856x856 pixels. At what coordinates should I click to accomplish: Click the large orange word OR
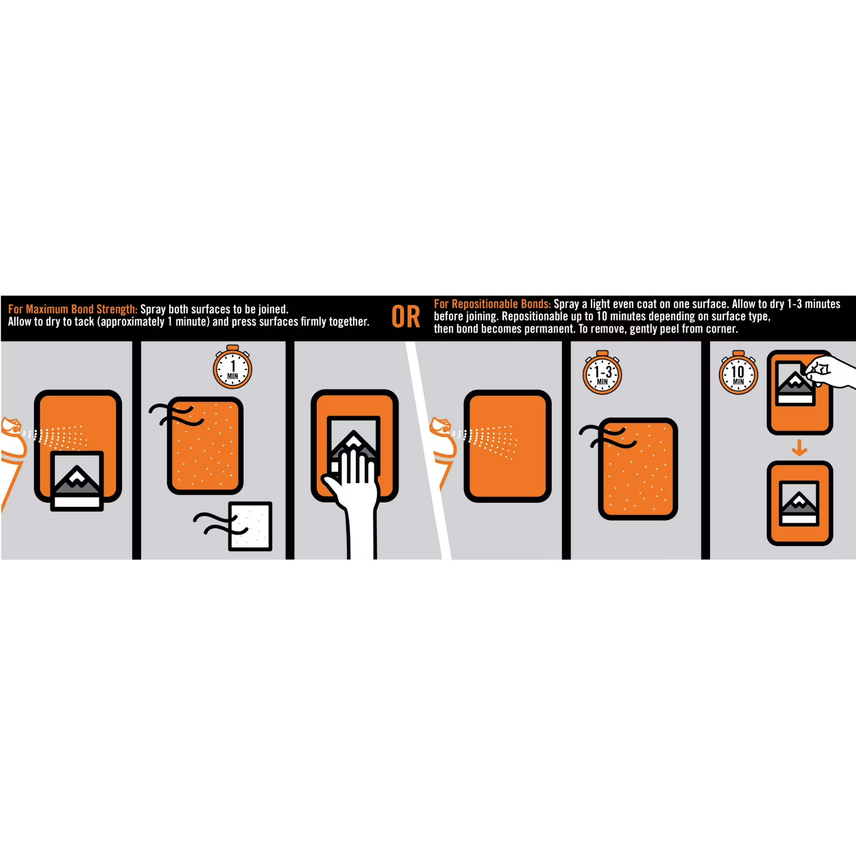pyautogui.click(x=406, y=317)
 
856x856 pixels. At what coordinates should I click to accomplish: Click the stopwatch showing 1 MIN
pyautogui.click(x=233, y=367)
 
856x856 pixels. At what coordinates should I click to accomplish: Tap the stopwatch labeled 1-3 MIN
pyautogui.click(x=602, y=372)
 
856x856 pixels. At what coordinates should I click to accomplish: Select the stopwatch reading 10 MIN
pyautogui.click(x=738, y=372)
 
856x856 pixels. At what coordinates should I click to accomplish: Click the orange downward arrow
pyautogui.click(x=799, y=447)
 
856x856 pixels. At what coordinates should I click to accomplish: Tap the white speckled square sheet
pyautogui.click(x=250, y=526)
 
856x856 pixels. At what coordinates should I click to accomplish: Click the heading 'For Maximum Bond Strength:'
pyautogui.click(x=73, y=309)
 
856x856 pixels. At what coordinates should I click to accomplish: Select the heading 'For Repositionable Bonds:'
pyautogui.click(x=492, y=304)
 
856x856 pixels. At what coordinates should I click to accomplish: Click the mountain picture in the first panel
pyautogui.click(x=77, y=481)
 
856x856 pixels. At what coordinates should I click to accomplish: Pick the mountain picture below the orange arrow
pyautogui.click(x=799, y=503)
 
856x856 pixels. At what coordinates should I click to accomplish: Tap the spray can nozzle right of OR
pyautogui.click(x=442, y=426)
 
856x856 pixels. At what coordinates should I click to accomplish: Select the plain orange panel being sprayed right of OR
pyautogui.click(x=507, y=446)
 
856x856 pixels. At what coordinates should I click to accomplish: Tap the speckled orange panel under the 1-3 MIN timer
pyautogui.click(x=638, y=469)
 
